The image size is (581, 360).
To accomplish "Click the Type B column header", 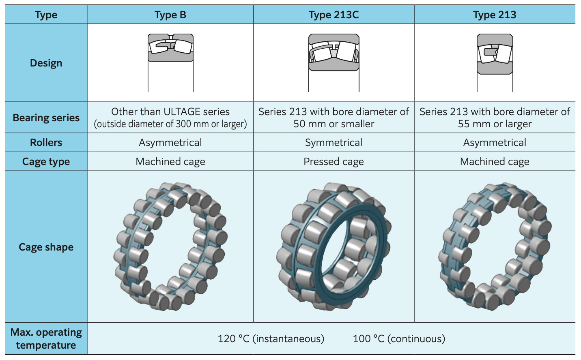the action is pyautogui.click(x=170, y=15).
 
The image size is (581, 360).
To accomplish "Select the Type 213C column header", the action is pyautogui.click(x=334, y=15).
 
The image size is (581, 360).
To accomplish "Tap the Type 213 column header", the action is pyautogui.click(x=495, y=15).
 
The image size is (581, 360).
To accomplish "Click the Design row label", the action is pyautogui.click(x=46, y=63).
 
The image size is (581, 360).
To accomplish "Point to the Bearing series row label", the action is pyautogui.click(x=46, y=118).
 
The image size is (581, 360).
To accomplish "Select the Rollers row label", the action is pyautogui.click(x=46, y=142).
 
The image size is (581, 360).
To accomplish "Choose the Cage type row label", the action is pyautogui.click(x=46, y=161).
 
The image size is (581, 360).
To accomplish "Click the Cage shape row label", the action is pyautogui.click(x=46, y=247).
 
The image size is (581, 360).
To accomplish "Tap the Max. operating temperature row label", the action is pyautogui.click(x=46, y=339).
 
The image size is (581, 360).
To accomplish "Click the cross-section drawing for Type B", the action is pyautogui.click(x=170, y=62).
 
